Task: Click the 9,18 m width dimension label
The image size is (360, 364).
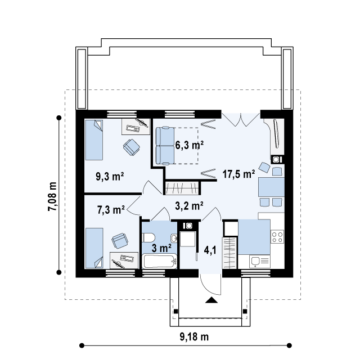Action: coord(194,337)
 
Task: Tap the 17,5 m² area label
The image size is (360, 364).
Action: coord(238,174)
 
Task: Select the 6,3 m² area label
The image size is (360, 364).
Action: coord(190,145)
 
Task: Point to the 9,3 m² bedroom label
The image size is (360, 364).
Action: coord(110,177)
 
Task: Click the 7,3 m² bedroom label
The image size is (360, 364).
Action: coord(111,210)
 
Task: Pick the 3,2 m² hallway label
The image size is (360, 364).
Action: coord(189,206)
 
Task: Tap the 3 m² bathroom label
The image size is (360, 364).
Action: coord(161,248)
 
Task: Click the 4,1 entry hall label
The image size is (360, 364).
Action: coord(210,250)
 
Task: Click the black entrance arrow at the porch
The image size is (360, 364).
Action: coord(211,300)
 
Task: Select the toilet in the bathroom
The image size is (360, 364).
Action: coord(148,238)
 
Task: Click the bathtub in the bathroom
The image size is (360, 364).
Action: coord(159,261)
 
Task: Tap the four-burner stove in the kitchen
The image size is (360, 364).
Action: coord(277,236)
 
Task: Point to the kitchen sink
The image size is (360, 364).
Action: coord(260,261)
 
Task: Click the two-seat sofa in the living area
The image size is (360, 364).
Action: coord(165,146)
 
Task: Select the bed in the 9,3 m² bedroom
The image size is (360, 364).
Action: coord(94,140)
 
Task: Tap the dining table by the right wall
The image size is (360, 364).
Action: coord(271,187)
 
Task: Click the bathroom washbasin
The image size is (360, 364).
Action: coord(174,238)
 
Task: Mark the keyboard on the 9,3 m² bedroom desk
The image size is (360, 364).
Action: coord(133,128)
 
